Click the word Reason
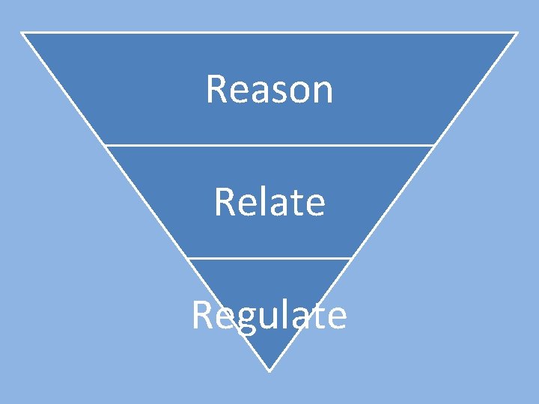click(269, 89)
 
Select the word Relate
click(269, 202)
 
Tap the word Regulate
click(269, 316)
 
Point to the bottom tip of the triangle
click(269, 370)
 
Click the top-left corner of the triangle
click(22, 33)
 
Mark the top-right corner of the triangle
click(517, 33)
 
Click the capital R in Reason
click(215, 89)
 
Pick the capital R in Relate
click(223, 202)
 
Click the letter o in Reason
click(299, 92)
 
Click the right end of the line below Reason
click(434, 145)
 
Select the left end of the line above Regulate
click(186, 258)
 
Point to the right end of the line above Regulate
click(352, 258)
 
